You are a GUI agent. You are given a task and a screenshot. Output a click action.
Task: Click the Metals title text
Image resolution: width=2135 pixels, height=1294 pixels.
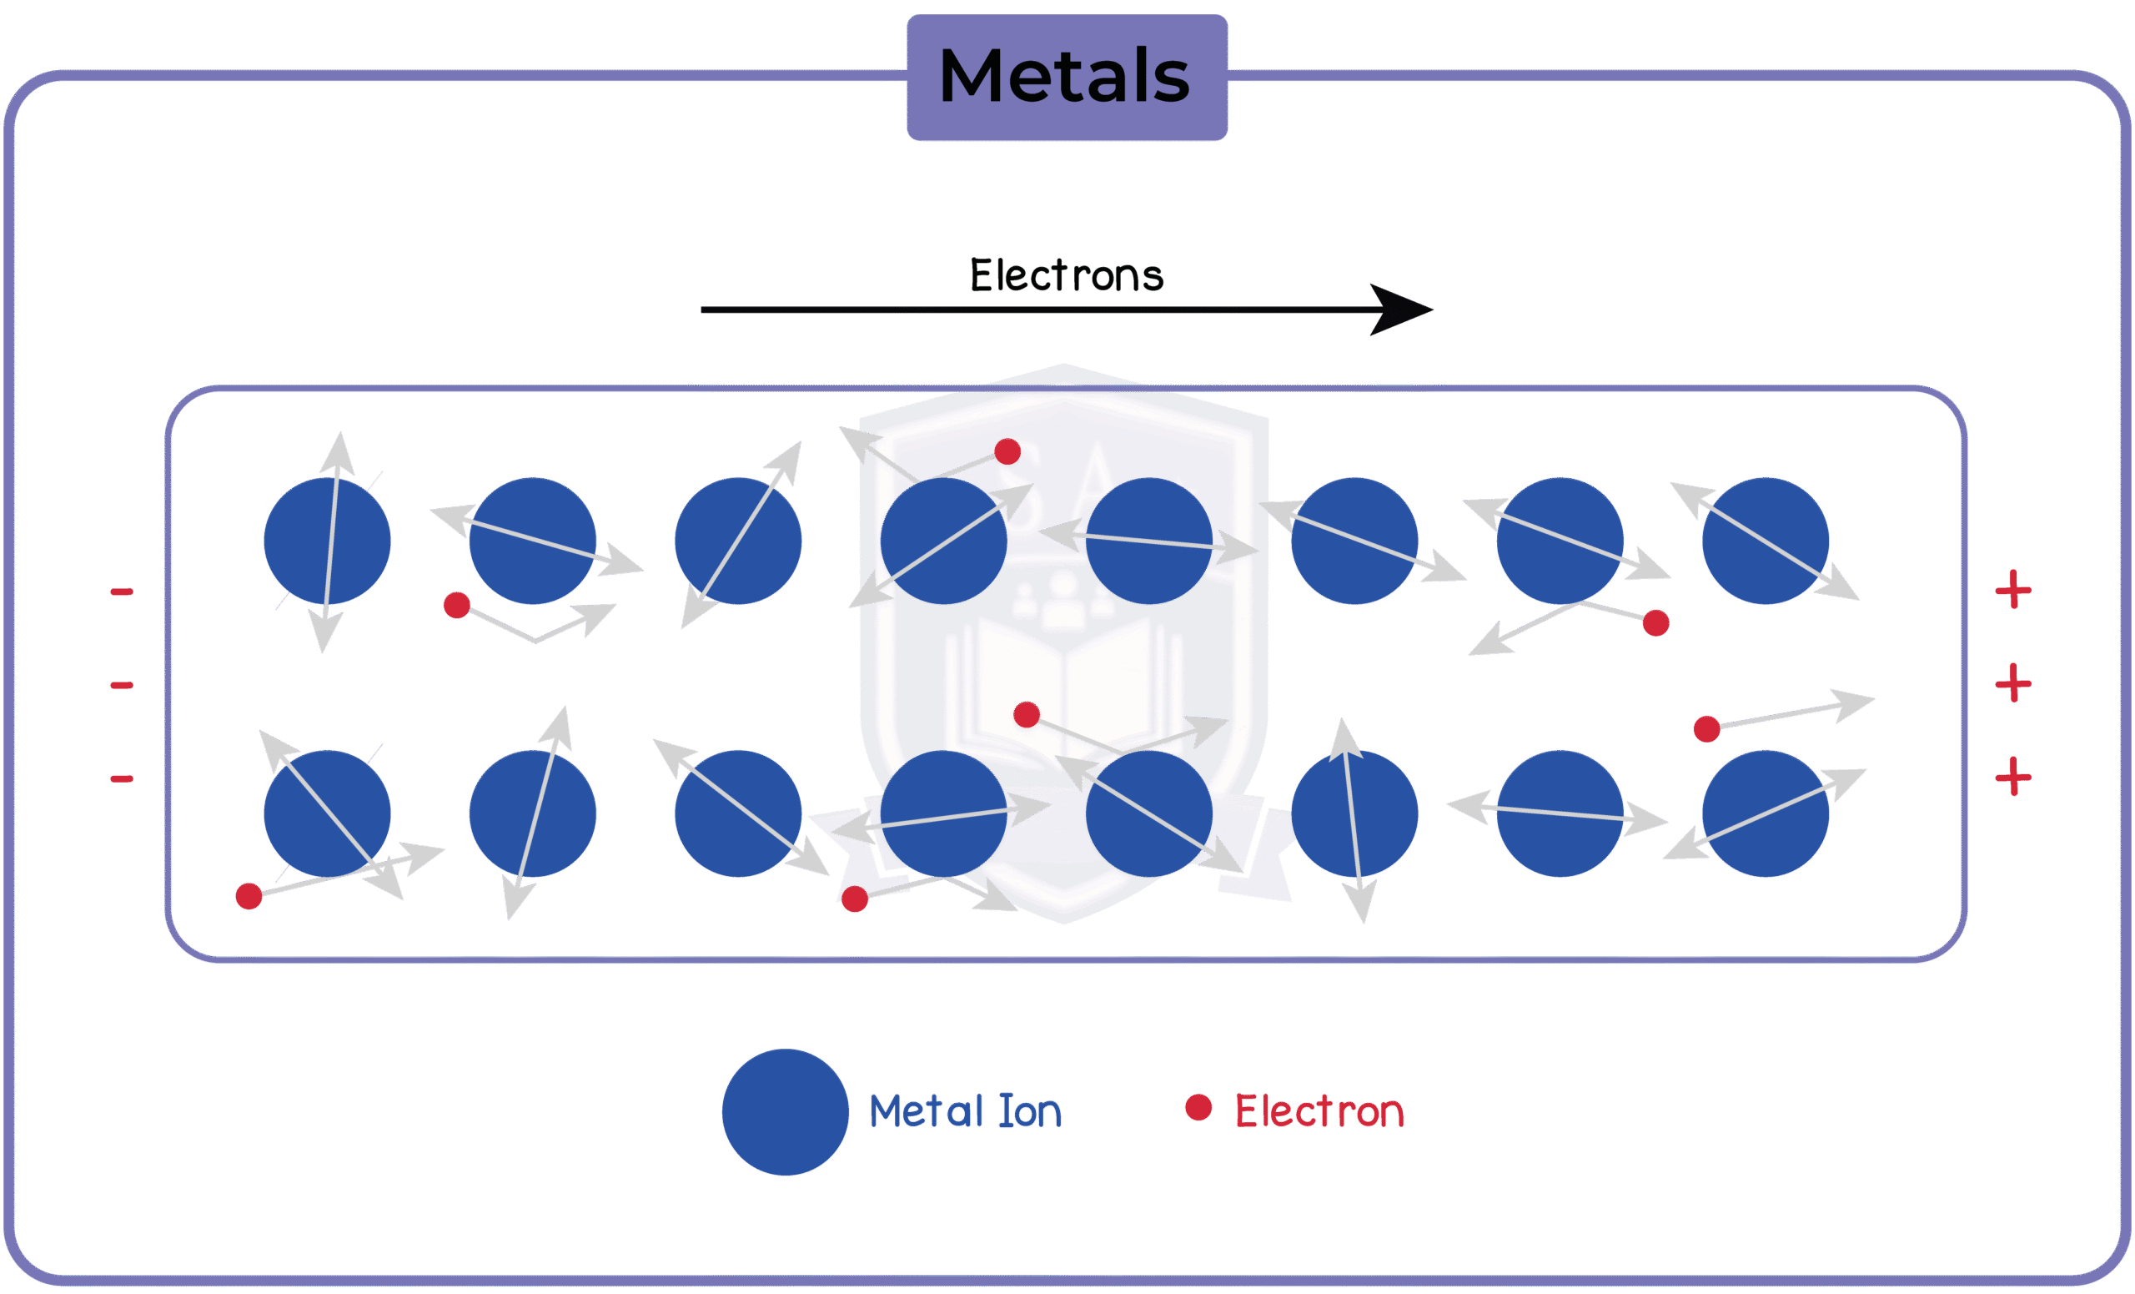pyautogui.click(x=1065, y=76)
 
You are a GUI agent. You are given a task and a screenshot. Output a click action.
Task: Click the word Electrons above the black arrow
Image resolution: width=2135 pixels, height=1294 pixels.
pyautogui.click(x=1066, y=275)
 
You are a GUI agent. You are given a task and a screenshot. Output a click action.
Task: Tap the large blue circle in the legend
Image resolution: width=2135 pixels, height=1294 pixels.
pyautogui.click(x=785, y=1112)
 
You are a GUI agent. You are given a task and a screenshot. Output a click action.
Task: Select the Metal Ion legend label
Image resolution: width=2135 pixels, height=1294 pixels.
pyautogui.click(x=964, y=1112)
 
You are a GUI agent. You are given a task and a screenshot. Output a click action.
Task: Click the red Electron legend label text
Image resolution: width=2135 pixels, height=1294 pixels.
pyautogui.click(x=1319, y=1112)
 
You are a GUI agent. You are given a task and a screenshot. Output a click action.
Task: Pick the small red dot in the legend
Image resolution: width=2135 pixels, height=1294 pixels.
pyautogui.click(x=1198, y=1107)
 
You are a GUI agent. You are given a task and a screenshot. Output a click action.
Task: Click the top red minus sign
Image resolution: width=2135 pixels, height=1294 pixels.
pyautogui.click(x=121, y=592)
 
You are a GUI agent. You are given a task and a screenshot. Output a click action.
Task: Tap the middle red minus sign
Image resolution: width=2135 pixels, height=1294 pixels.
pyautogui.click(x=121, y=686)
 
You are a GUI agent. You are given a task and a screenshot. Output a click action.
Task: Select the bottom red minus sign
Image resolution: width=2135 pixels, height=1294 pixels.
pyautogui.click(x=121, y=778)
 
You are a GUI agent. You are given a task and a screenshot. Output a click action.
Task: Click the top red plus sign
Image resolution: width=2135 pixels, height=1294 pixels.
pyautogui.click(x=2014, y=590)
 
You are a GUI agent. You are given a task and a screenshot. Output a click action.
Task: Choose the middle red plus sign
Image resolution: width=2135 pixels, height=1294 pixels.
pyautogui.click(x=2014, y=683)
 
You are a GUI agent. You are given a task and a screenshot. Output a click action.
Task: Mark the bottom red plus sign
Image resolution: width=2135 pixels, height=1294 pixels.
pyautogui.click(x=2014, y=776)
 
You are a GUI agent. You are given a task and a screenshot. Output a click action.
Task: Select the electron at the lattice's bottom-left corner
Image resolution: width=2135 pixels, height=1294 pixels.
pyautogui.click(x=249, y=896)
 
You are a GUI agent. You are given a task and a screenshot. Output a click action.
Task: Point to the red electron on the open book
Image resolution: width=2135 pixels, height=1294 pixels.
pyautogui.click(x=1026, y=715)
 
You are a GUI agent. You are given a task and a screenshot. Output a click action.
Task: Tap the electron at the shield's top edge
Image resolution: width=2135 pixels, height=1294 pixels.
pyautogui.click(x=1007, y=451)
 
